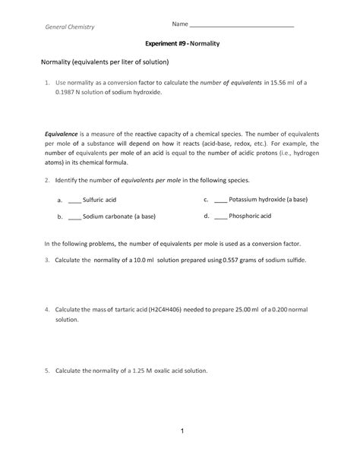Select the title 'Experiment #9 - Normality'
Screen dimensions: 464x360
click(x=180, y=45)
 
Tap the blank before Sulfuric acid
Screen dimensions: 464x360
click(x=74, y=200)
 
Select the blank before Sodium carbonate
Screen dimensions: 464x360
click(x=74, y=216)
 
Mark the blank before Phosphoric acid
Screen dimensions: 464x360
click(x=220, y=216)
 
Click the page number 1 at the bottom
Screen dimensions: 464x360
click(x=182, y=431)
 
